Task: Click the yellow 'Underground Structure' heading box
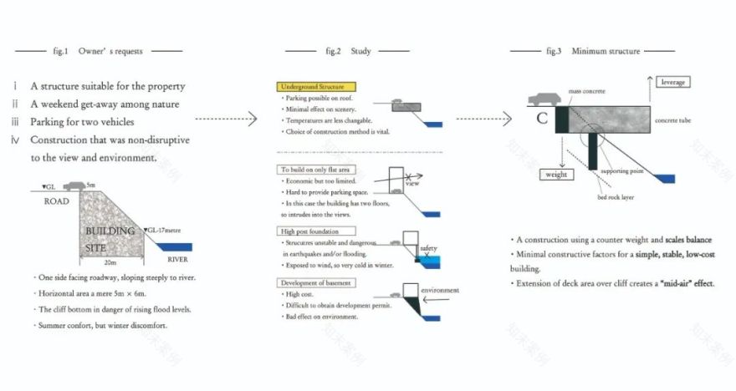pyautogui.click(x=315, y=86)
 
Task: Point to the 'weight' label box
pyautogui.click(x=556, y=175)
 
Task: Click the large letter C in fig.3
pyautogui.click(x=542, y=119)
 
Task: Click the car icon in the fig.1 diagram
pyautogui.click(x=76, y=185)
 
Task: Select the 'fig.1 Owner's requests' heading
pyautogui.click(x=98, y=51)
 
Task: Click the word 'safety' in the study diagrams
pyautogui.click(x=427, y=248)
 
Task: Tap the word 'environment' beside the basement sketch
pyautogui.click(x=440, y=291)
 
